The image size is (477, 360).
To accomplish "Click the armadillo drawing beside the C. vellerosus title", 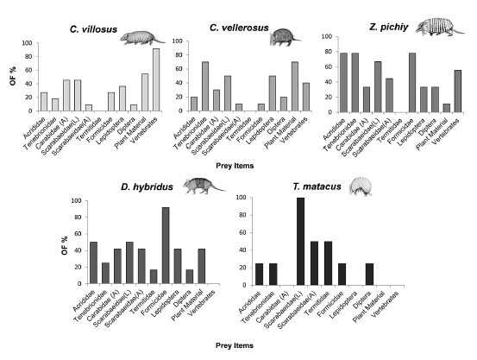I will click(x=281, y=35).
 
